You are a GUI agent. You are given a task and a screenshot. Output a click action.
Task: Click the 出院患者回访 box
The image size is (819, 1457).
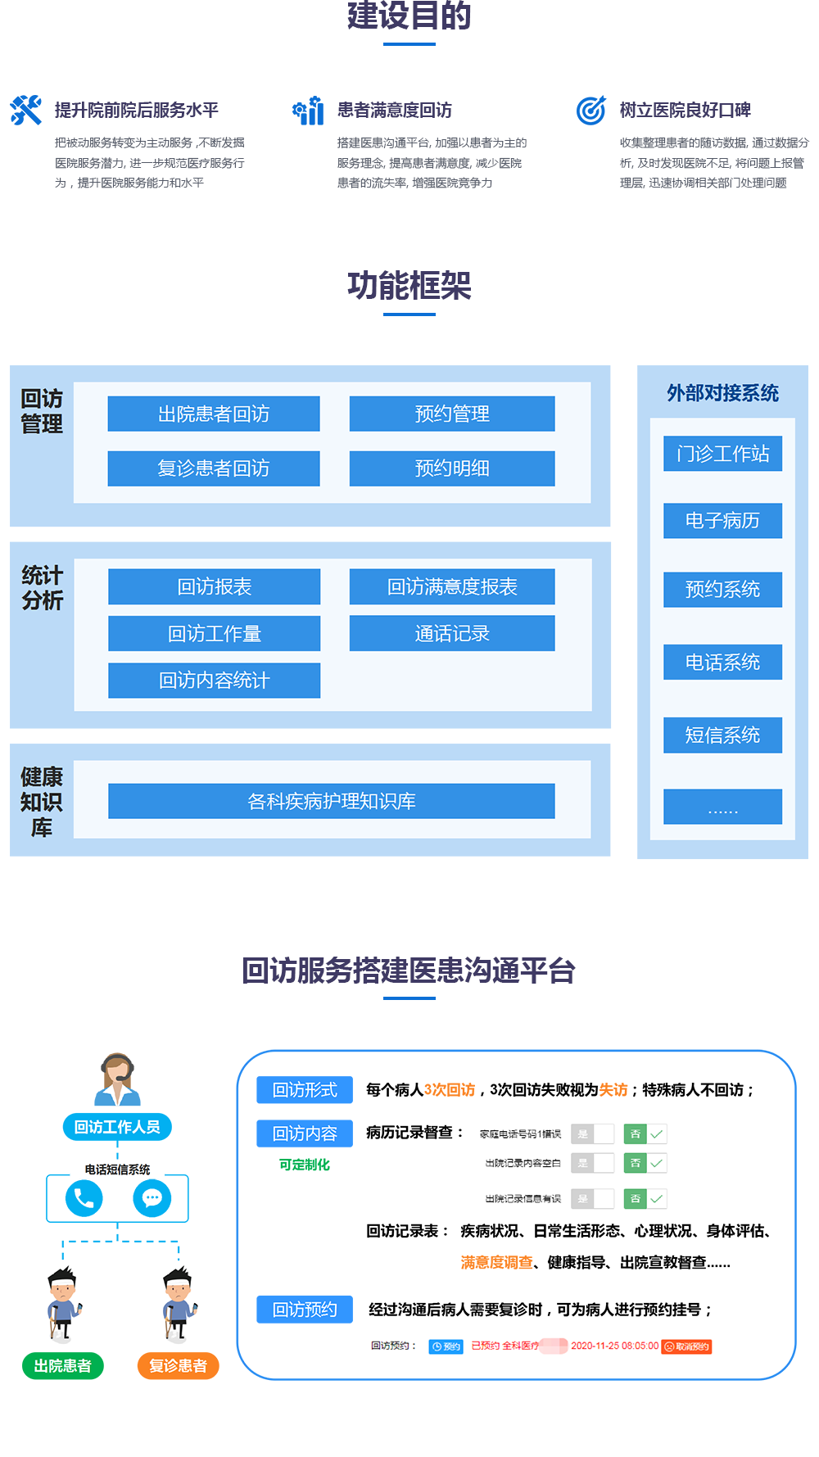(x=214, y=414)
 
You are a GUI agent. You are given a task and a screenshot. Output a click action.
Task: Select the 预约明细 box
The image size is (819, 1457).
(x=452, y=468)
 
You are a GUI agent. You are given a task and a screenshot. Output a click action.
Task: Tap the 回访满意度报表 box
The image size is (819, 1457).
(x=452, y=586)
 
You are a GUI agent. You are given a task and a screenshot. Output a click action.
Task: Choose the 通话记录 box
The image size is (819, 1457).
(x=452, y=633)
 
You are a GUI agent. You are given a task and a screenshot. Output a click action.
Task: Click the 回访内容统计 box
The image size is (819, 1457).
(x=214, y=681)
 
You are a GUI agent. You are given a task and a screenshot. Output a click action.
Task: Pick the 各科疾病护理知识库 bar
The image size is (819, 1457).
(x=331, y=801)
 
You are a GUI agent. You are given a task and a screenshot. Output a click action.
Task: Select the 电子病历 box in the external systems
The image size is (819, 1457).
(x=722, y=521)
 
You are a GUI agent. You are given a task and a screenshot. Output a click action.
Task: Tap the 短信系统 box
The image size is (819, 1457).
(x=722, y=735)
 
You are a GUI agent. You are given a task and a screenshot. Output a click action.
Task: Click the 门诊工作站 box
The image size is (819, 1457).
(x=722, y=454)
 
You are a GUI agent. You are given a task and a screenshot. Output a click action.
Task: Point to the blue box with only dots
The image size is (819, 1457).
(x=722, y=807)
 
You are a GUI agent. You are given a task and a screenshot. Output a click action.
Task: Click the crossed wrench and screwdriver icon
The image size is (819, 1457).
(x=26, y=110)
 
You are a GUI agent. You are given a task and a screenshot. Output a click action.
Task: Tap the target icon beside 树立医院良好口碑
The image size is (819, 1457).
(x=590, y=110)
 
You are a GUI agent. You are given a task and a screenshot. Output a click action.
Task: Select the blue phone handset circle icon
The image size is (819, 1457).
(x=84, y=1198)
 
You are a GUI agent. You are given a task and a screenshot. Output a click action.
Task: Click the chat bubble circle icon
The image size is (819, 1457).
(x=152, y=1198)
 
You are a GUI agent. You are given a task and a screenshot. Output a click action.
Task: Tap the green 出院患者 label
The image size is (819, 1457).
(x=63, y=1365)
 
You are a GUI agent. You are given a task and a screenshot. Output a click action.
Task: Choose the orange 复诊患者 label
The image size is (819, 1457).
(x=178, y=1365)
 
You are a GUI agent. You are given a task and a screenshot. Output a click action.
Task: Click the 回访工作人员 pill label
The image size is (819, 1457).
(x=117, y=1127)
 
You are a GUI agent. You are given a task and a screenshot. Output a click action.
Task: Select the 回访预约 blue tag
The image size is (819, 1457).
(x=305, y=1310)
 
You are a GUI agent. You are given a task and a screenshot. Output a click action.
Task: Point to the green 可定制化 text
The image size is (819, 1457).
(x=305, y=1165)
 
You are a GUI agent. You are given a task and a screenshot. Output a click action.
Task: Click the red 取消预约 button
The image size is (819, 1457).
(x=687, y=1346)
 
